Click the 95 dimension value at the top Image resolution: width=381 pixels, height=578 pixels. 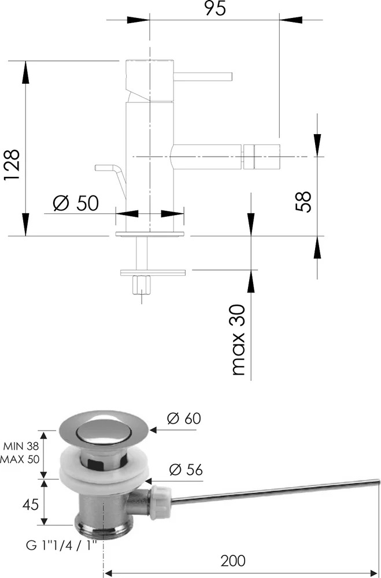pyautogui.click(x=215, y=8)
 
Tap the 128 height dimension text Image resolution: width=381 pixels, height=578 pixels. pyautogui.click(x=12, y=165)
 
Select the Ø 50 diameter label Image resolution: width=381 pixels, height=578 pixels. pyautogui.click(x=76, y=203)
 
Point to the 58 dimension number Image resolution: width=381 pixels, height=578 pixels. pyautogui.click(x=303, y=201)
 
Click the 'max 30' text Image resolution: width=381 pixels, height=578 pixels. pyautogui.click(x=239, y=339)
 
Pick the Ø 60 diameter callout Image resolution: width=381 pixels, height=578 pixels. pyautogui.click(x=184, y=418)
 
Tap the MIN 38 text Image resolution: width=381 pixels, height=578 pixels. pyautogui.click(x=21, y=446)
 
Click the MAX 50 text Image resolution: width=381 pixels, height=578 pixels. pyautogui.click(x=20, y=460)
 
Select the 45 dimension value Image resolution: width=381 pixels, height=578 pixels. pyautogui.click(x=30, y=504)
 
